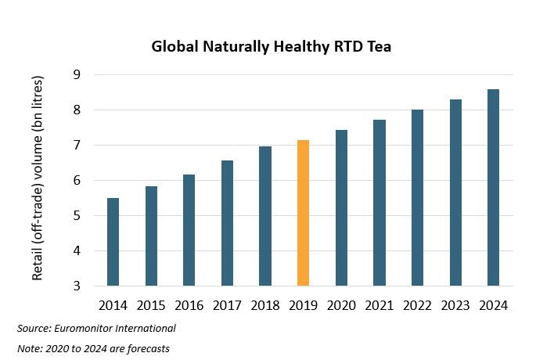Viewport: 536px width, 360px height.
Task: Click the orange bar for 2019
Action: coord(303,214)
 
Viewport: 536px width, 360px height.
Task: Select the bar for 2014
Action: coord(113,242)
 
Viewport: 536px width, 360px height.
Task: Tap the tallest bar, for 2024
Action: coord(493,188)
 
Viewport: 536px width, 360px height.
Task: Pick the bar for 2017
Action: coord(227,223)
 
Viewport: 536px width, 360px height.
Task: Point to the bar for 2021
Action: coord(379,203)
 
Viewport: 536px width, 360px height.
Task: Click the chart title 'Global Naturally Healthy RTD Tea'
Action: coord(271,47)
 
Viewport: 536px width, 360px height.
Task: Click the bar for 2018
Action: coord(264,216)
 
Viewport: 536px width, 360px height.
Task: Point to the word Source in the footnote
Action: coord(34,328)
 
